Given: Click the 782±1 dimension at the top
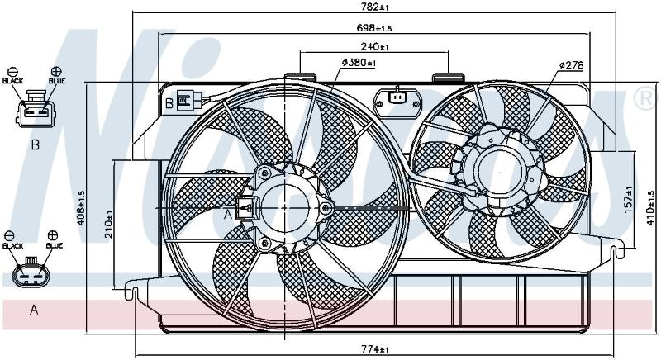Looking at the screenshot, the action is (374, 7).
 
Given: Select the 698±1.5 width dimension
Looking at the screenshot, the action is (374, 28).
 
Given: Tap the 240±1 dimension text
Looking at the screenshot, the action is (374, 46).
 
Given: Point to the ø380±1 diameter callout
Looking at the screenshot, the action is (359, 63).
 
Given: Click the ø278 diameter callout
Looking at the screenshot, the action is (571, 65).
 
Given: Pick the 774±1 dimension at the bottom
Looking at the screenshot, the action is (375, 349).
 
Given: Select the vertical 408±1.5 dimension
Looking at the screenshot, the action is (81, 207).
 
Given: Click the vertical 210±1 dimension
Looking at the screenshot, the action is (109, 225).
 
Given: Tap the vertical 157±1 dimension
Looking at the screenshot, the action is (629, 200).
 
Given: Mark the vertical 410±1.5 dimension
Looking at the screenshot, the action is (650, 208).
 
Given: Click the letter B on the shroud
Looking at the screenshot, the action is (169, 103).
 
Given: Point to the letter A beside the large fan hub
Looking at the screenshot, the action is (228, 215).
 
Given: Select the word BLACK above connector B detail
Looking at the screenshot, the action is (12, 81).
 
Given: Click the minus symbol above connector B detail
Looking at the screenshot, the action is (12, 71).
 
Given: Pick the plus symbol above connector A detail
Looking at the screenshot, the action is (53, 235).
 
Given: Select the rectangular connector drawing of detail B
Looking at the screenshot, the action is (36, 109).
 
